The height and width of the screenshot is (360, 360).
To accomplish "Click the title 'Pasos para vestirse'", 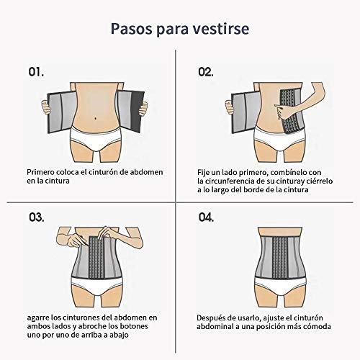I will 180,29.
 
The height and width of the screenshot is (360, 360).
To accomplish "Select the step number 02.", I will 206,72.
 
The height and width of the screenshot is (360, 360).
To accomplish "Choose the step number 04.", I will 207,216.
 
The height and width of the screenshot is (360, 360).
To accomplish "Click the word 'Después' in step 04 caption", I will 214,317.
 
